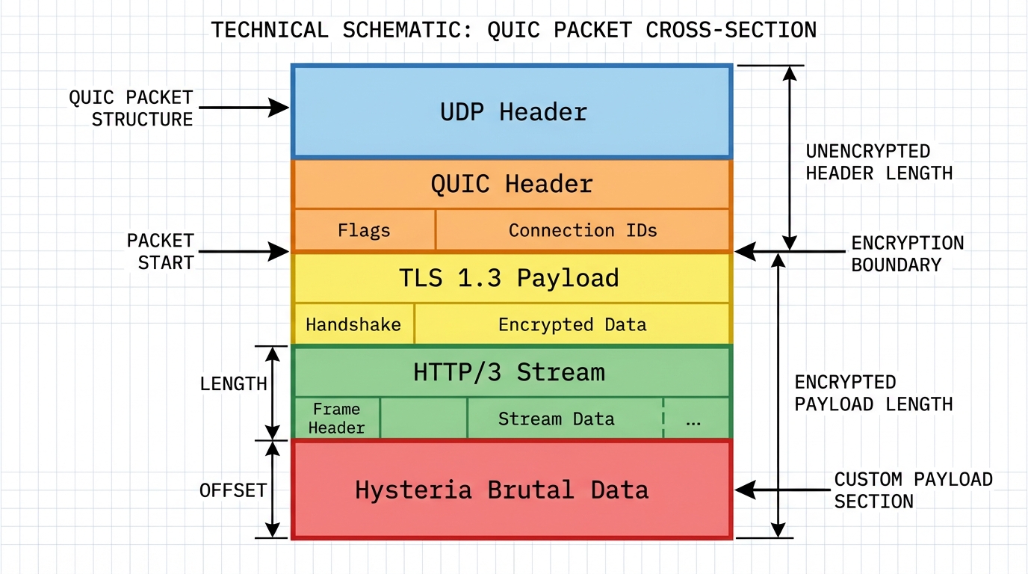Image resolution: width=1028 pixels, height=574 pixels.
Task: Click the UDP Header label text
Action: point(513,112)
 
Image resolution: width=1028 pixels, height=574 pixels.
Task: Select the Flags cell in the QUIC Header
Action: point(364,230)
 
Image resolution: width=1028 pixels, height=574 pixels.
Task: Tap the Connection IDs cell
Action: point(583,230)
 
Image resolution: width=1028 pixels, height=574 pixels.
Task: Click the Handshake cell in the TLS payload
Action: point(353,325)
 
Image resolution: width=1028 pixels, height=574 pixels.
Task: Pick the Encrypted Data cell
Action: point(572,325)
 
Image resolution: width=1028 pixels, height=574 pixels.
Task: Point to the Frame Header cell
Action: point(337,419)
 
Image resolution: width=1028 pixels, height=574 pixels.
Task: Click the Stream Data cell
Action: point(556,419)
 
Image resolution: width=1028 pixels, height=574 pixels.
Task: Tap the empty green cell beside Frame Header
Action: point(424,419)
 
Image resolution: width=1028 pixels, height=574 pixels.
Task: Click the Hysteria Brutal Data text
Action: point(502,490)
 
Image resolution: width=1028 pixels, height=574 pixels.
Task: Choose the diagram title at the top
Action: point(513,30)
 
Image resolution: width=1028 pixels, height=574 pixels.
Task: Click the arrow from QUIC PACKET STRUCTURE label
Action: point(244,108)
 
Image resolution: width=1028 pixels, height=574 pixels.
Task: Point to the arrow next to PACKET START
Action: point(244,252)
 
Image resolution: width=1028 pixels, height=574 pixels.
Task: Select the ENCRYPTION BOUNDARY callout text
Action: point(907,254)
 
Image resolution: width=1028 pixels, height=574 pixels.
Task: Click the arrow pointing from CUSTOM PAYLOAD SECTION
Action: point(778,490)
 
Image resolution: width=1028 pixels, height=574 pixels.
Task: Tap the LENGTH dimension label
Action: point(233,384)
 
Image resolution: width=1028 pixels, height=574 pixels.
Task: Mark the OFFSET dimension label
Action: point(233,490)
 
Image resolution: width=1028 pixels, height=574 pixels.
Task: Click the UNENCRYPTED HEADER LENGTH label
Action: point(879,162)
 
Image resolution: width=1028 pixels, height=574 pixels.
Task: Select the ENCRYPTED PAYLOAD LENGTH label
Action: point(873,393)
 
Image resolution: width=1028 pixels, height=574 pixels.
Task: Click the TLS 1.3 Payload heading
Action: point(509,278)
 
